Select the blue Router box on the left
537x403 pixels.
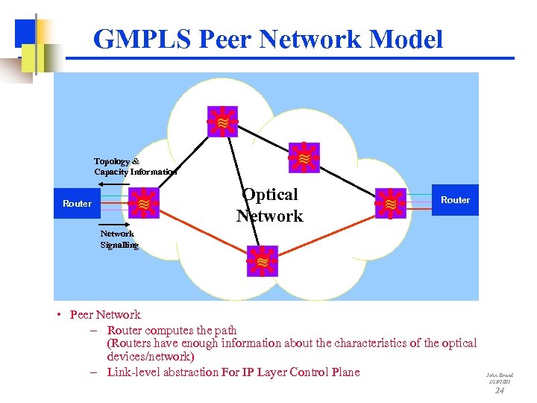pyautogui.click(x=77, y=203)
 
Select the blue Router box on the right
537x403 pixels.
pyautogui.click(x=455, y=200)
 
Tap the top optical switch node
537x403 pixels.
pyautogui.click(x=222, y=121)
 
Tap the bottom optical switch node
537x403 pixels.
pyautogui.click(x=263, y=261)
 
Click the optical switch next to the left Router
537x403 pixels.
pyautogui.click(x=143, y=203)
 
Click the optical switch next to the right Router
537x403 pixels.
pyautogui.click(x=390, y=203)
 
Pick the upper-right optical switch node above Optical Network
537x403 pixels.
pyautogui.click(x=304, y=158)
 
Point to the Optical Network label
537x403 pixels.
pyautogui.click(x=270, y=205)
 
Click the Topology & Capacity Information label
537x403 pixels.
pyautogui.click(x=134, y=166)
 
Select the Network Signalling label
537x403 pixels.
pyautogui.click(x=119, y=239)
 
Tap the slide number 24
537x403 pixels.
pyautogui.click(x=500, y=390)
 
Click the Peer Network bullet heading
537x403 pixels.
pyautogui.click(x=104, y=314)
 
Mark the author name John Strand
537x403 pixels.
pyautogui.click(x=500, y=375)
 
